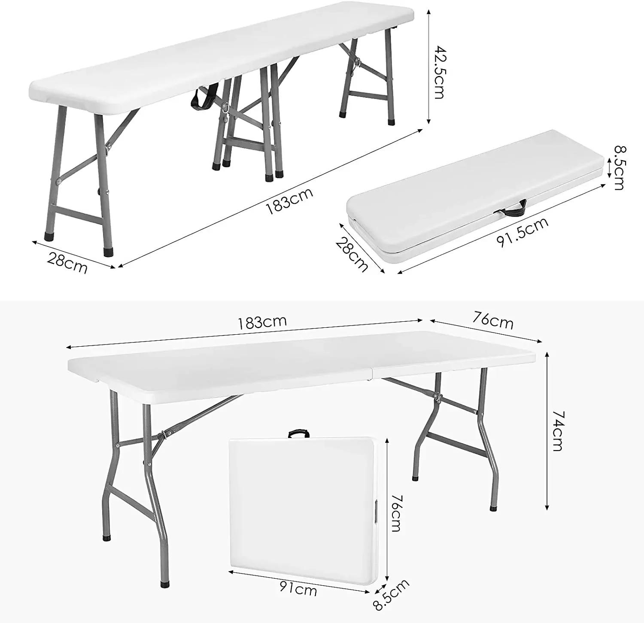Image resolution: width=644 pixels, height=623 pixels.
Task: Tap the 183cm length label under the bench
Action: [x=289, y=200]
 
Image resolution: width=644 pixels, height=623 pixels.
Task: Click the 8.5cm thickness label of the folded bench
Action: [x=619, y=168]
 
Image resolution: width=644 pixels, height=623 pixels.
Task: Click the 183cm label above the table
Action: [x=262, y=322]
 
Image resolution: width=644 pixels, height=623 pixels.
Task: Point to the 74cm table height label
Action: [x=557, y=430]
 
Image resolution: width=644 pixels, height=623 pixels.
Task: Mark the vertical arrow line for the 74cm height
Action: [x=547, y=431]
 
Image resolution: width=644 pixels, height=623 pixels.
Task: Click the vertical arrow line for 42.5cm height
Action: [x=428, y=67]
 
